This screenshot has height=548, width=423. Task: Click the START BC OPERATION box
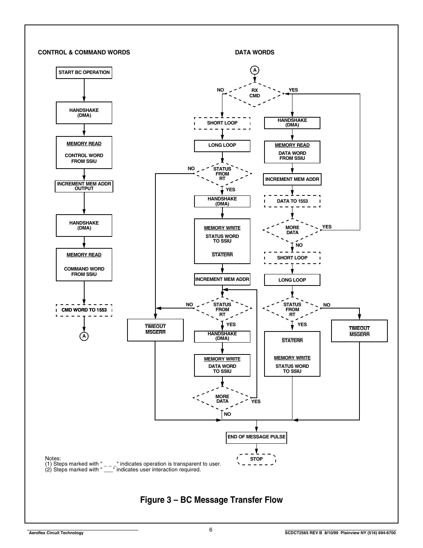[84, 72]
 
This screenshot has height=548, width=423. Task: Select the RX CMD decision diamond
[255, 94]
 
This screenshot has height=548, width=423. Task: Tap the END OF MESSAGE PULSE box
[256, 437]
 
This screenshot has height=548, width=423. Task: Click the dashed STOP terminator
[256, 459]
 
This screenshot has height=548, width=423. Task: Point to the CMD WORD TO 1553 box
[84, 310]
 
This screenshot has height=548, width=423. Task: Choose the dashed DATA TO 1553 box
[292, 201]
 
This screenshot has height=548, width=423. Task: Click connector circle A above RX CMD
[255, 70]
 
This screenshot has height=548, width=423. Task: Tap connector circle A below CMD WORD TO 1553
[84, 336]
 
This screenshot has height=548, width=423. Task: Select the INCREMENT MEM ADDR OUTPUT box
[84, 186]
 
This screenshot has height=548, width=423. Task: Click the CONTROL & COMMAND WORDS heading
[84, 53]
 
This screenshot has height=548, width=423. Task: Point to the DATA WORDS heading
[255, 53]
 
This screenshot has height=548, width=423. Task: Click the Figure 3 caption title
[211, 500]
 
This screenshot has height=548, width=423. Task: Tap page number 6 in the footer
[211, 530]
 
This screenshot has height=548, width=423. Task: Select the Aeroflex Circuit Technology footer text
[56, 533]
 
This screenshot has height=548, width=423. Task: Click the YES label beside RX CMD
[293, 90]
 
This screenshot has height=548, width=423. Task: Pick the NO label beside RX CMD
[220, 90]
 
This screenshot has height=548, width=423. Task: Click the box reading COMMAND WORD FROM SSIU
[84, 265]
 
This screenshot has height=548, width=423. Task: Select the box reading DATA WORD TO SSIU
[222, 366]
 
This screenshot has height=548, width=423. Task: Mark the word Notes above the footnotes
[53, 458]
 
